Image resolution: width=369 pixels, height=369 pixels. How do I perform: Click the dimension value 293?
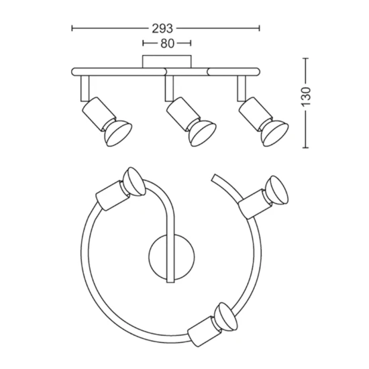(x=162, y=29)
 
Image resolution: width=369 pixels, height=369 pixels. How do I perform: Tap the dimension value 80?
(x=167, y=44)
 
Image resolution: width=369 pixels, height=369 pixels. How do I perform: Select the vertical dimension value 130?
(x=307, y=97)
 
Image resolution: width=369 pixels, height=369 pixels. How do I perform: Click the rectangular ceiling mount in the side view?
(x=167, y=62)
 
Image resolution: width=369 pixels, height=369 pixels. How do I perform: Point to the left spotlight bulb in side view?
(x=117, y=133)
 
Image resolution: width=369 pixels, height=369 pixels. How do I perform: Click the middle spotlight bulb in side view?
(x=202, y=133)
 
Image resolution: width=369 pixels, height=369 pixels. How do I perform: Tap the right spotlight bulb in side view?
(x=274, y=134)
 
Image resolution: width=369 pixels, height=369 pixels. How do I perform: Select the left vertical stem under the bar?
(x=85, y=89)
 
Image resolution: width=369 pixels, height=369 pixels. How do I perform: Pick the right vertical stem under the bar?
(x=242, y=89)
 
